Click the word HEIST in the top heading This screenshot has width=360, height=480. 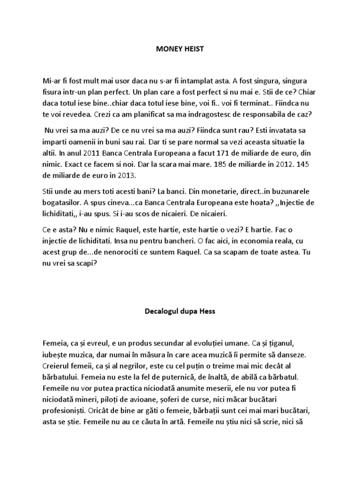[x=194, y=49]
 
